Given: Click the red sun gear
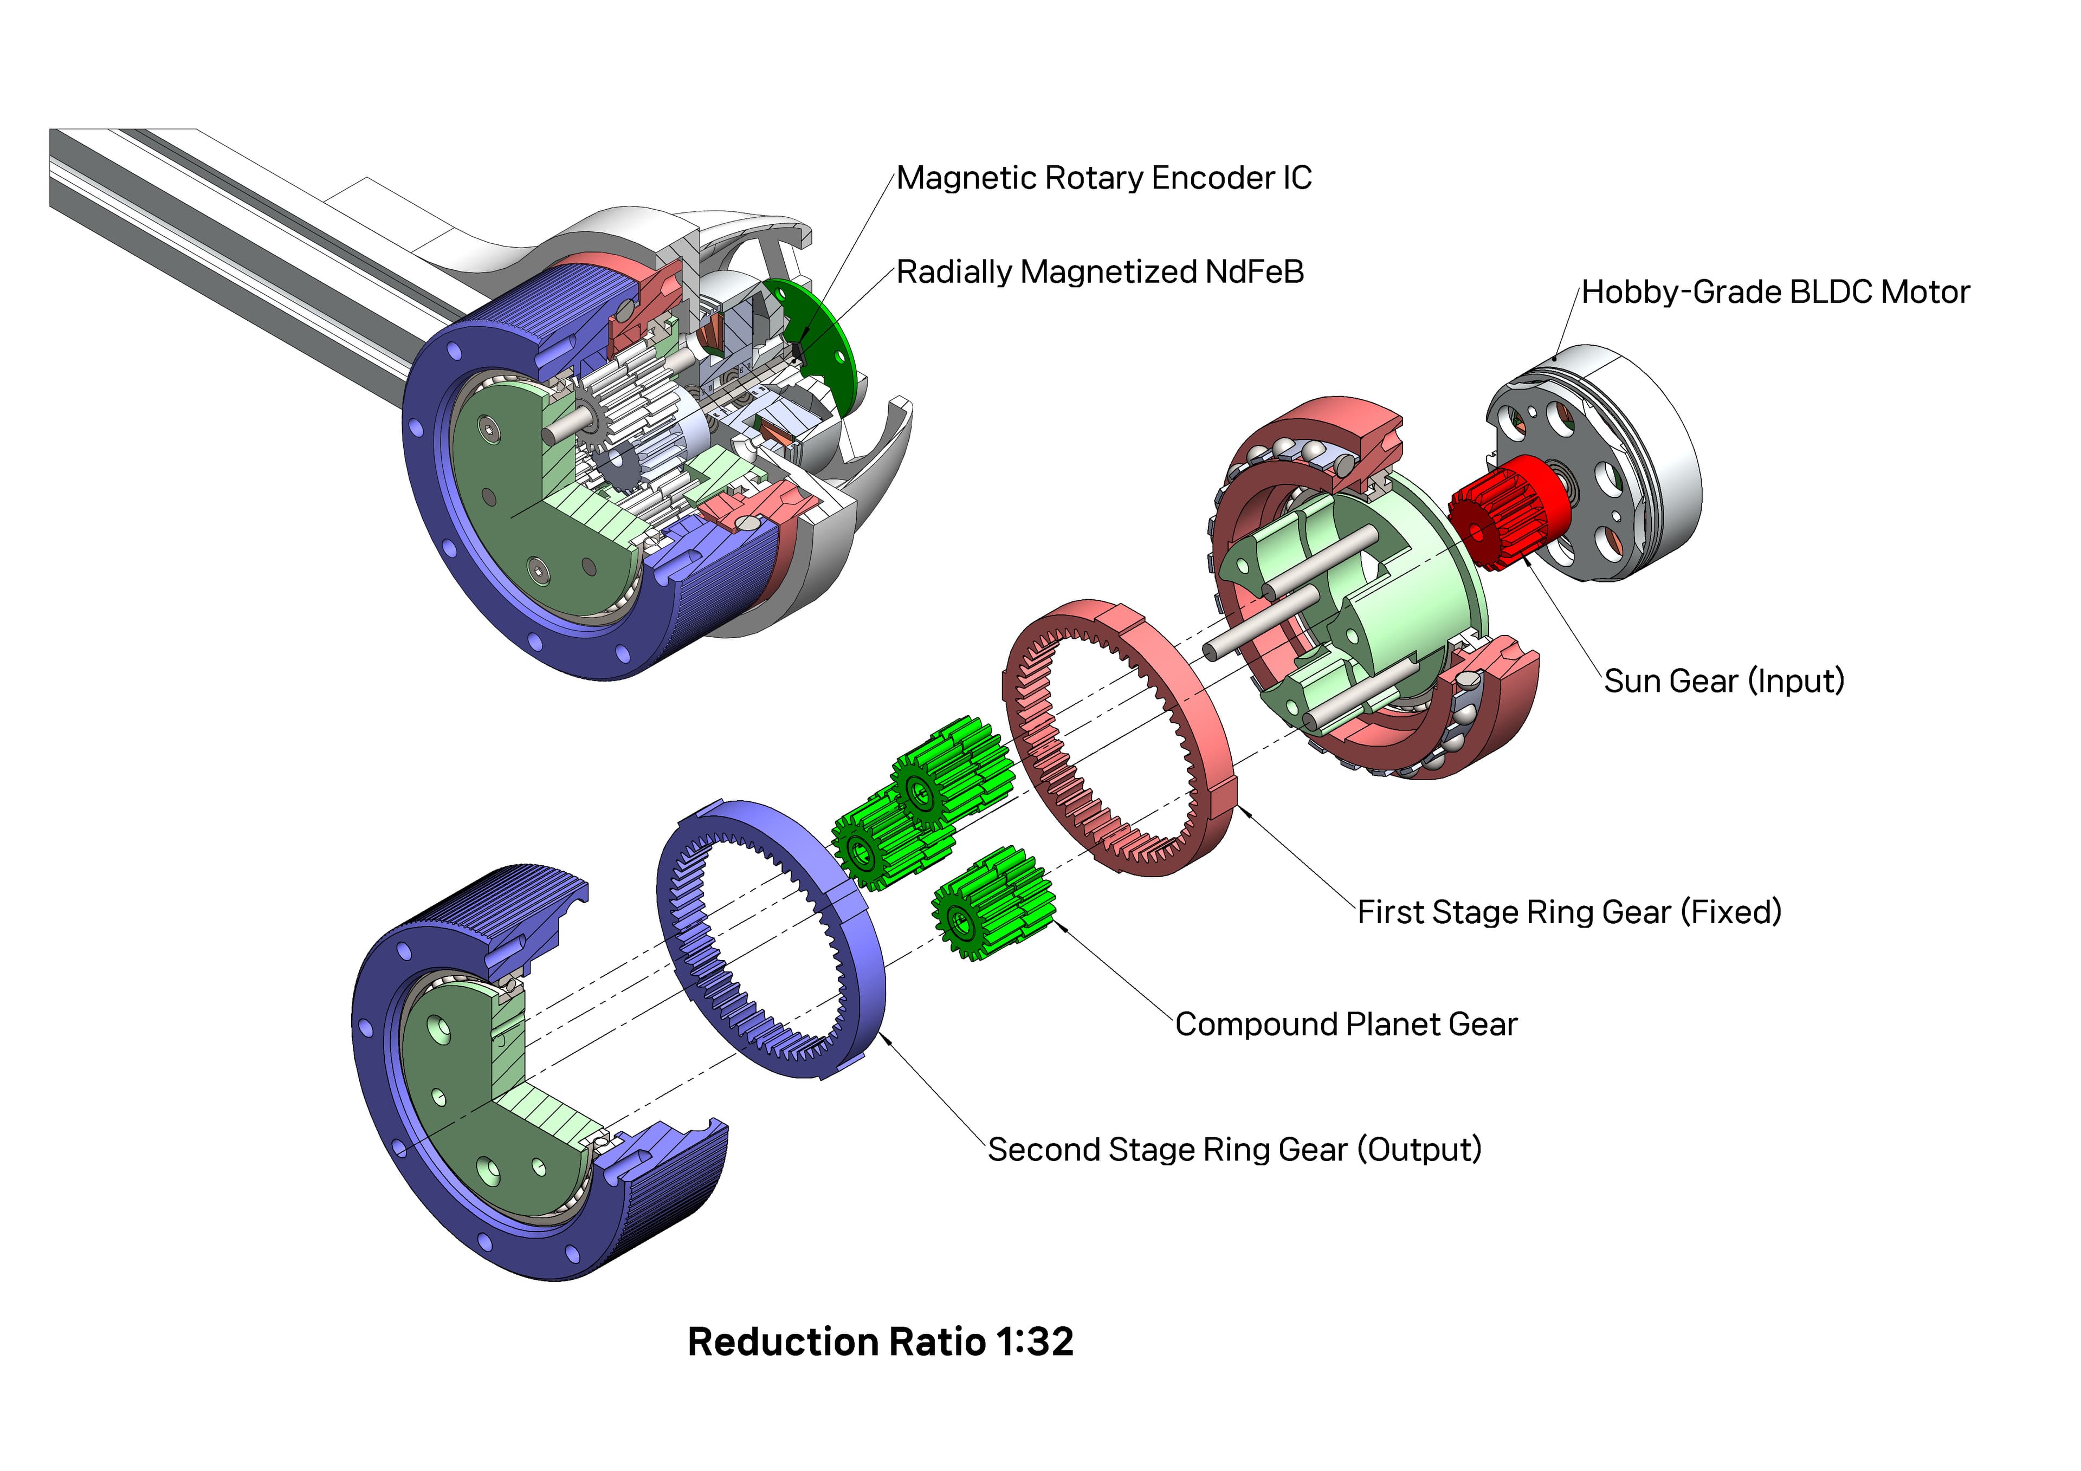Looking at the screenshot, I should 1507,513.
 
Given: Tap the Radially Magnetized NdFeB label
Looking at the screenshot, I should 1100,272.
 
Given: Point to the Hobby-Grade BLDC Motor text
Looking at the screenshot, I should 1775,293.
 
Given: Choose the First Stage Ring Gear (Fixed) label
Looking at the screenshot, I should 1569,912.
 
